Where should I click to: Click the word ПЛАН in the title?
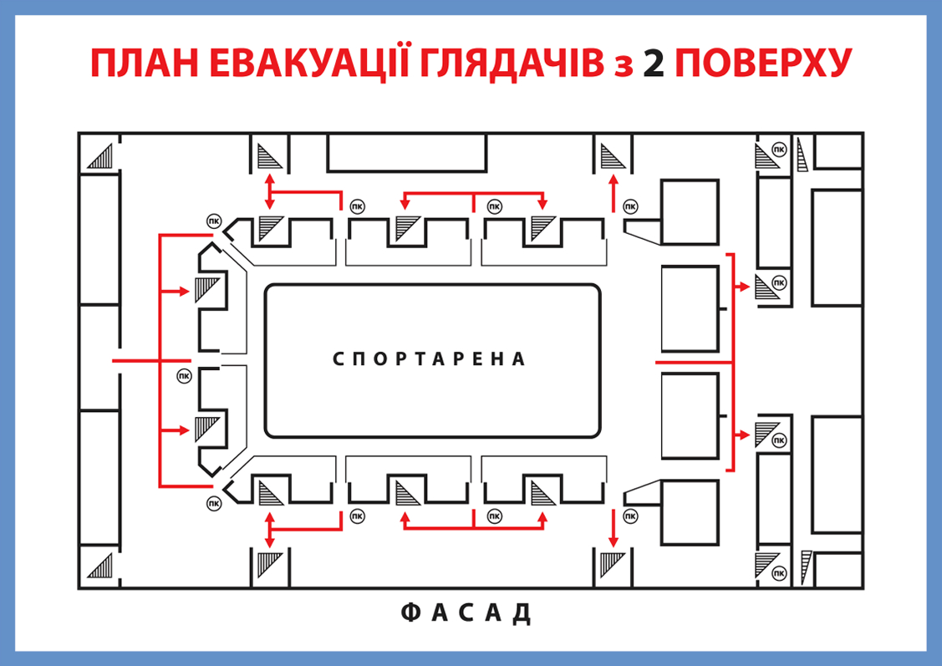coord(144,63)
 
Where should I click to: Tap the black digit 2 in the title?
coord(654,63)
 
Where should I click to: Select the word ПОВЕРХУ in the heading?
coord(764,63)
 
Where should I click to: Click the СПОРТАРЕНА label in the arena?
coord(429,359)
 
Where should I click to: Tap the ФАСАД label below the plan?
coord(466,613)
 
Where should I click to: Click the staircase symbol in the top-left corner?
coord(100,156)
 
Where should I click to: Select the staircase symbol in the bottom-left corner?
coord(100,565)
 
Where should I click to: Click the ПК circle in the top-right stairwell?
coord(779,150)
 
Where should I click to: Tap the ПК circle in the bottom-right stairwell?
coord(779,573)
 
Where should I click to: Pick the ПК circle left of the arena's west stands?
coord(184,376)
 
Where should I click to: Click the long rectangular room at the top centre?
coord(407,153)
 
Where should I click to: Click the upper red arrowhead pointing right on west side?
coord(184,292)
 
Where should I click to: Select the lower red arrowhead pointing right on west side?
coord(184,430)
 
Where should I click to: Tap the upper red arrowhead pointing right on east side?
coord(745,287)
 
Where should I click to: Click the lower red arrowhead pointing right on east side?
coord(745,435)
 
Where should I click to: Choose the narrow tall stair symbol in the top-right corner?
coord(802,155)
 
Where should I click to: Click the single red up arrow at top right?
coord(614,193)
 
